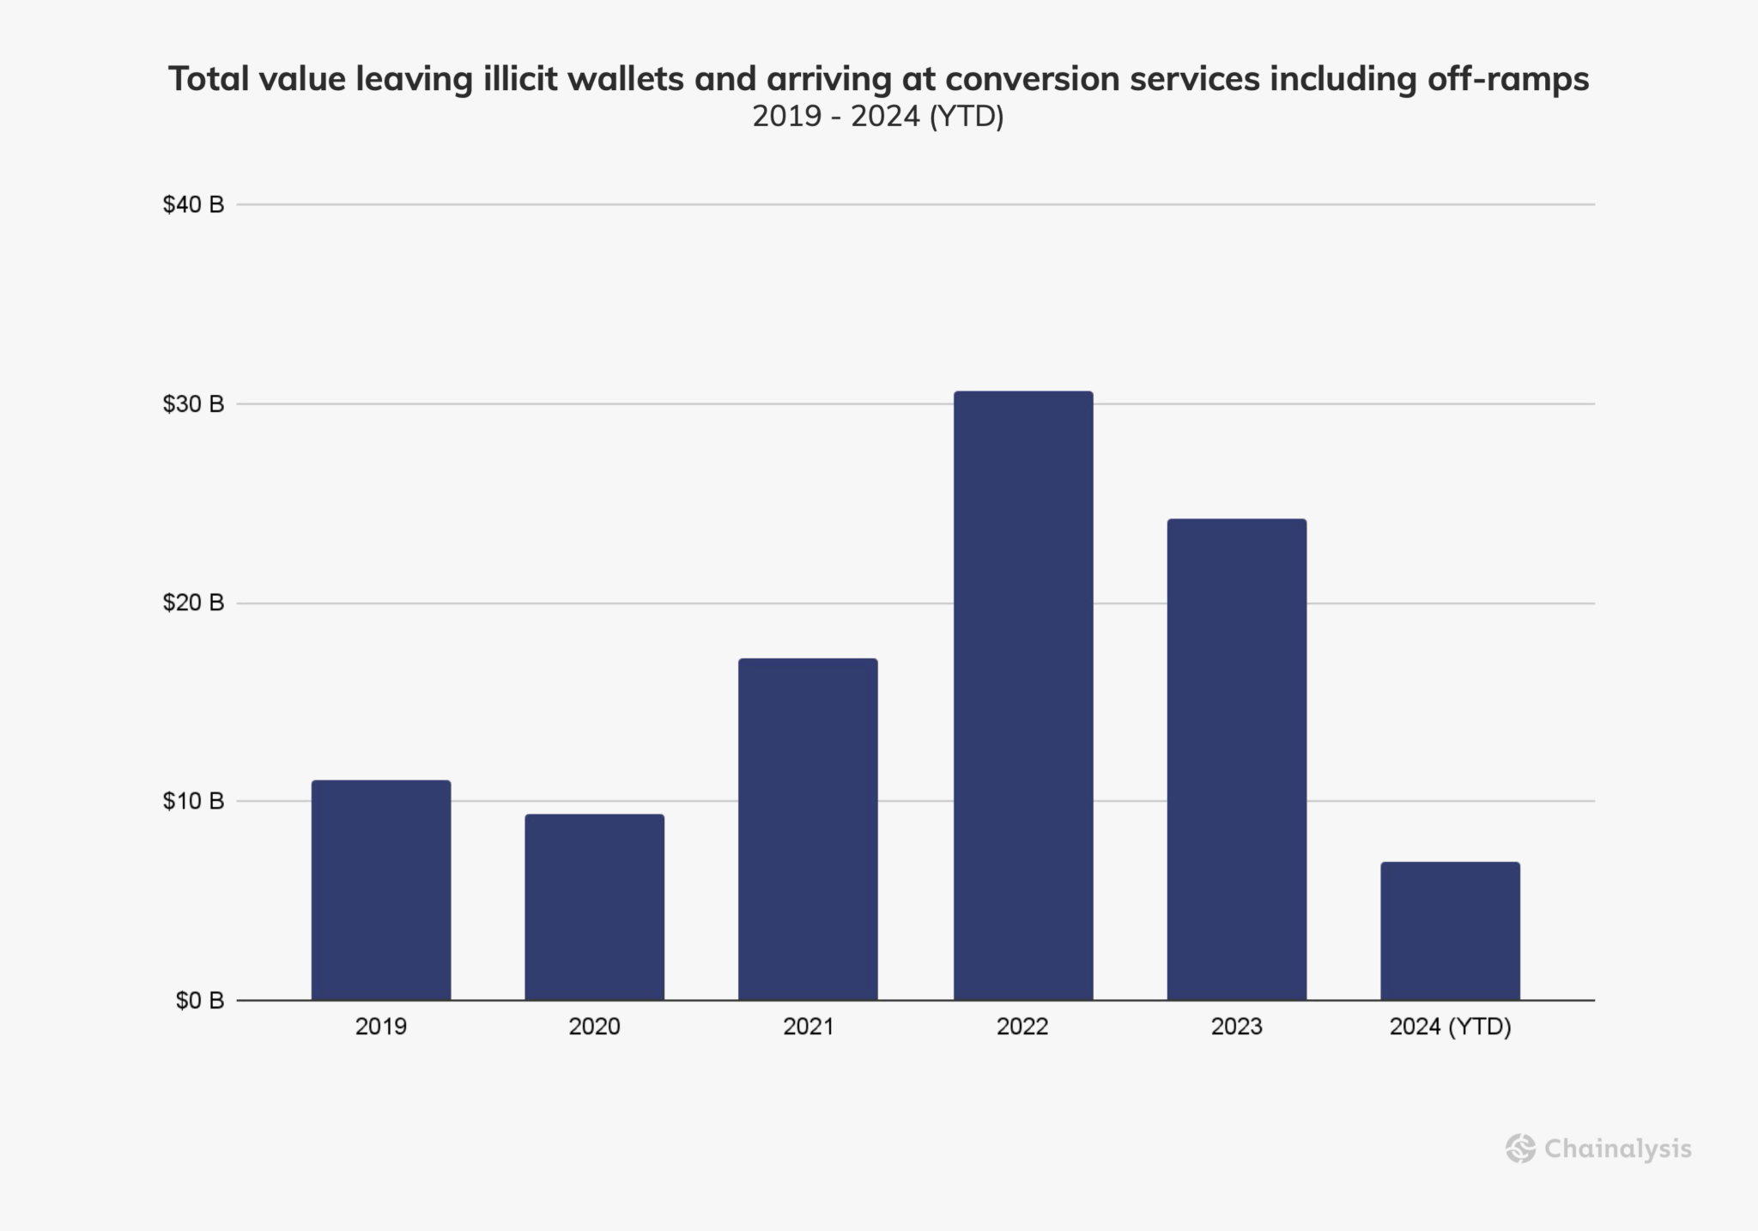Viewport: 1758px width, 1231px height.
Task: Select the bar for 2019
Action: [x=380, y=890]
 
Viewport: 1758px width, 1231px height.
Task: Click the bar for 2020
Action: [x=594, y=907]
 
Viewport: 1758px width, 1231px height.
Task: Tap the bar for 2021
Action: [x=808, y=829]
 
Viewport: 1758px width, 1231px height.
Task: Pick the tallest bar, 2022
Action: [x=1023, y=695]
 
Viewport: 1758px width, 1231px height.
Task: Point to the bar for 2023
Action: [x=1236, y=760]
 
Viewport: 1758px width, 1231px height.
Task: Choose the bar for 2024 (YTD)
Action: [x=1450, y=931]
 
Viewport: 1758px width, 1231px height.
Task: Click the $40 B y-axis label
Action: [x=193, y=204]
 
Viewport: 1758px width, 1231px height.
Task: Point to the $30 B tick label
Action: [x=193, y=403]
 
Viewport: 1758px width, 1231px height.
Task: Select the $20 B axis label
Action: [x=193, y=603]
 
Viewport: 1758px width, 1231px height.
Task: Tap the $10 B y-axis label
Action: [x=193, y=801]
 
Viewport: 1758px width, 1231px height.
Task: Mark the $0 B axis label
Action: [x=199, y=1000]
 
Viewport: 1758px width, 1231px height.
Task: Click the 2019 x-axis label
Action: [x=380, y=1027]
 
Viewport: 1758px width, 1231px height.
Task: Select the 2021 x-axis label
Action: [x=808, y=1027]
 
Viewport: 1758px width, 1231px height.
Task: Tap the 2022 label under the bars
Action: [x=1022, y=1027]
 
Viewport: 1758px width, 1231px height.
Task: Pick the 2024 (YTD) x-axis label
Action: [x=1450, y=1027]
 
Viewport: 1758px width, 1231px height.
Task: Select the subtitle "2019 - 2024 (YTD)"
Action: [x=878, y=116]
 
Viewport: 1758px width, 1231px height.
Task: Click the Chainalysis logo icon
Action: [x=1520, y=1149]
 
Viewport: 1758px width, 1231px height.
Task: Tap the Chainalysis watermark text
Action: [x=1618, y=1149]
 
